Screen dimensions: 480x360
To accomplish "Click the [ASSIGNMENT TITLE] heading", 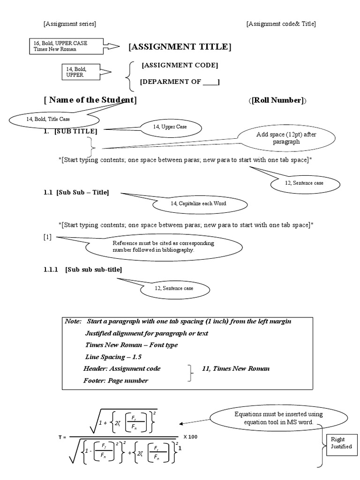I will click(180, 46).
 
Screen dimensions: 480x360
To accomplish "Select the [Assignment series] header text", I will click(69, 24).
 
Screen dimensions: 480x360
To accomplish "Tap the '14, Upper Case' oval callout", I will click(170, 127).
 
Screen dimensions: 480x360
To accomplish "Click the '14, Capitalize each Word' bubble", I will click(199, 203).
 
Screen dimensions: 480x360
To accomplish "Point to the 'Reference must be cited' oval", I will click(163, 247).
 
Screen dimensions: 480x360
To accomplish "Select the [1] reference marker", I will click(47, 237).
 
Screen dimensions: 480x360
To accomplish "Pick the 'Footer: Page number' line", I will click(115, 380).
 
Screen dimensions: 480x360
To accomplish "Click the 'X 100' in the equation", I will click(190, 437).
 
